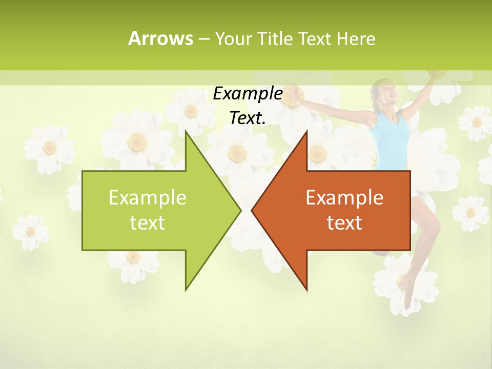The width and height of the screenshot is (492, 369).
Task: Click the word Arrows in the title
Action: pyautogui.click(x=160, y=38)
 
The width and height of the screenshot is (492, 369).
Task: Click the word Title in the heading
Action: pyautogui.click(x=275, y=38)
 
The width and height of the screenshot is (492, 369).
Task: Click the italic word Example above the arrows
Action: pyautogui.click(x=248, y=94)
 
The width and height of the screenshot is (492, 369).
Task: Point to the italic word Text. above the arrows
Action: pyautogui.click(x=248, y=118)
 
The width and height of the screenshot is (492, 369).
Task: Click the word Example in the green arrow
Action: pyautogui.click(x=148, y=198)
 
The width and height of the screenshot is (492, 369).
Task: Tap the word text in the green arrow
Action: pyautogui.click(x=148, y=223)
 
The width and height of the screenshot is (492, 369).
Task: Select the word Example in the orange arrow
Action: pyautogui.click(x=344, y=198)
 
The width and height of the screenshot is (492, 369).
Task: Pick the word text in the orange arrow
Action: pyautogui.click(x=344, y=223)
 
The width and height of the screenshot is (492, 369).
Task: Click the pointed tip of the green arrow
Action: pyautogui.click(x=240, y=210)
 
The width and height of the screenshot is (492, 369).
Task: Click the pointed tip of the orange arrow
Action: pyautogui.click(x=252, y=210)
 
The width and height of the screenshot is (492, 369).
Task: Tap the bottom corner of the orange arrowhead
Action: pyautogui.click(x=306, y=290)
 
